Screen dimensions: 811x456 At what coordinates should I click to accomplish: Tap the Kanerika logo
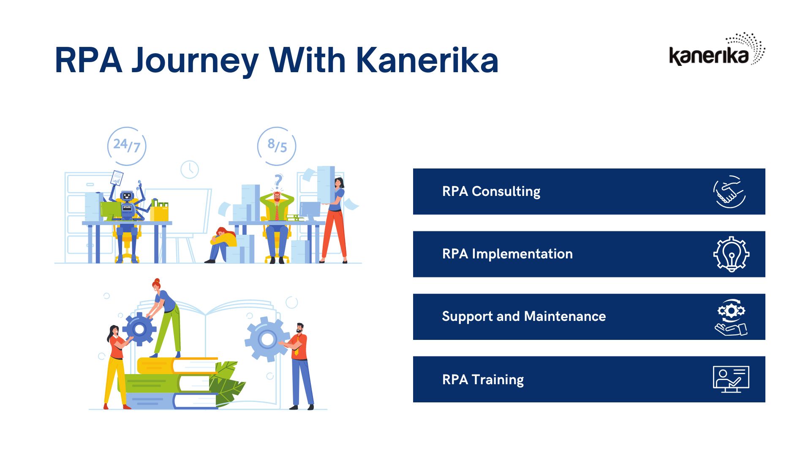[x=717, y=49]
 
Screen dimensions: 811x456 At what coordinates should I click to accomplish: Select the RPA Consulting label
[x=491, y=192]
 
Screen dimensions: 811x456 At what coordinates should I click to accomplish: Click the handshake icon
[x=729, y=192]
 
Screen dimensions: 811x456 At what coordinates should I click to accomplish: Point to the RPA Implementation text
[x=507, y=254]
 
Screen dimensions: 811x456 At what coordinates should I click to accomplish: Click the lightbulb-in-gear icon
[x=731, y=254]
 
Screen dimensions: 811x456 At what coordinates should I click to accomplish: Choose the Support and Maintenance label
[x=524, y=317]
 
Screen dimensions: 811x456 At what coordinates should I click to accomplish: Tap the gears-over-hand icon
[x=731, y=317]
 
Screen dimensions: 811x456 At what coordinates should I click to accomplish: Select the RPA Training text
[x=483, y=380]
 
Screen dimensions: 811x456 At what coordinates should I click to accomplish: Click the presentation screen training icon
[x=731, y=379]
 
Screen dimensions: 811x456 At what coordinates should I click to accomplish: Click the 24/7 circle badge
[x=127, y=146]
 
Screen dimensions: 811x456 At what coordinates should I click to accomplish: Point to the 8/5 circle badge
[x=277, y=146]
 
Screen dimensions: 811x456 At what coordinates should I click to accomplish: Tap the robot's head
[x=127, y=196]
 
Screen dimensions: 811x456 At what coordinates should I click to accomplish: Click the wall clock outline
[x=190, y=169]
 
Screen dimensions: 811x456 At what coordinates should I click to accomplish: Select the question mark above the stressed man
[x=278, y=182]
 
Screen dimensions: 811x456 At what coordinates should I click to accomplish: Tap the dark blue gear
[x=139, y=329]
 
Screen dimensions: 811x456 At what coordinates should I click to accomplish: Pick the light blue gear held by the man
[x=266, y=339]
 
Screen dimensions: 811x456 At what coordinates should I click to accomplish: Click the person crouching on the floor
[x=222, y=245]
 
